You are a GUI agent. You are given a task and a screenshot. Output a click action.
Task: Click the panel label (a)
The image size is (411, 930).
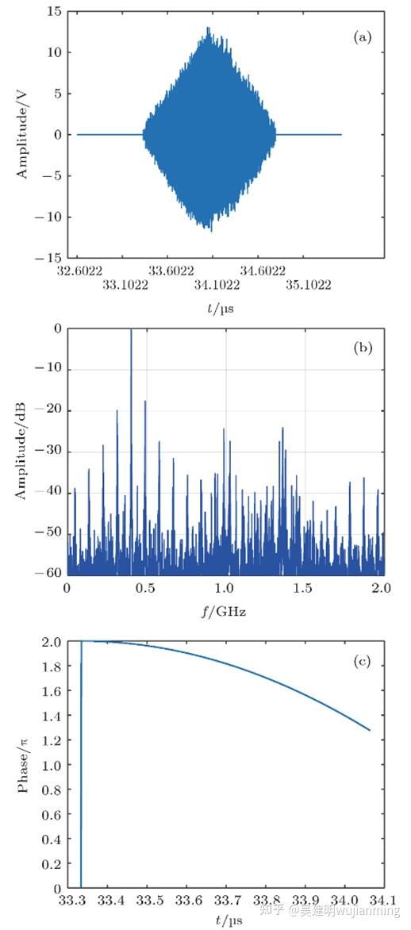(x=363, y=37)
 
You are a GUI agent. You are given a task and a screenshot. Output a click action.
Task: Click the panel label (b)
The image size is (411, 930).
(x=362, y=348)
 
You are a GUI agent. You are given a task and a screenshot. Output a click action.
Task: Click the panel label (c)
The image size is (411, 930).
(x=362, y=661)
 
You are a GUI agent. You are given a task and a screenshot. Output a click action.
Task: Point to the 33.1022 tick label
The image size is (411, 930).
(x=125, y=284)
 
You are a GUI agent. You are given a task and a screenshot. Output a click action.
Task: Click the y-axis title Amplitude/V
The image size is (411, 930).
(x=23, y=135)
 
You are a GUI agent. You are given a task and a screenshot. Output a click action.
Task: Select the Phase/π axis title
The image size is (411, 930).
(x=23, y=765)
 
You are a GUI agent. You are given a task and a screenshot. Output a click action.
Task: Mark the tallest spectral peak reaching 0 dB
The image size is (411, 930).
(x=131, y=331)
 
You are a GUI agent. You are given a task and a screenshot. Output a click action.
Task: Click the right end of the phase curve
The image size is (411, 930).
(x=370, y=730)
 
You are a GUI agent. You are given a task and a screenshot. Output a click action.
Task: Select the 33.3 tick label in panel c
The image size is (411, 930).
(x=69, y=902)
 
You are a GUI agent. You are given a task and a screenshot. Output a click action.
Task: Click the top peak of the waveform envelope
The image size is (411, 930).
(x=209, y=28)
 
